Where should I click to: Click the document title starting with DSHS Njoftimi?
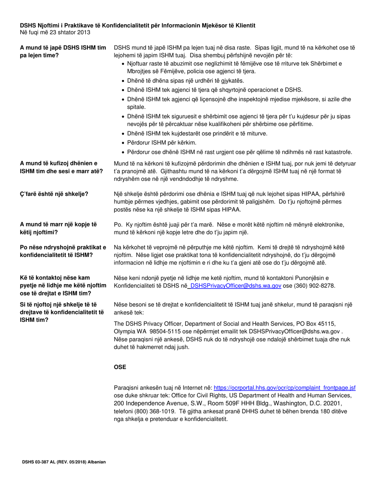click(x=137, y=25)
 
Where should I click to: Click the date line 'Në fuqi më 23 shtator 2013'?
click(x=55, y=32)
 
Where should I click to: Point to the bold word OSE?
click(x=120, y=367)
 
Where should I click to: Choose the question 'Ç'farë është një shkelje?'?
click(x=54, y=194)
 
